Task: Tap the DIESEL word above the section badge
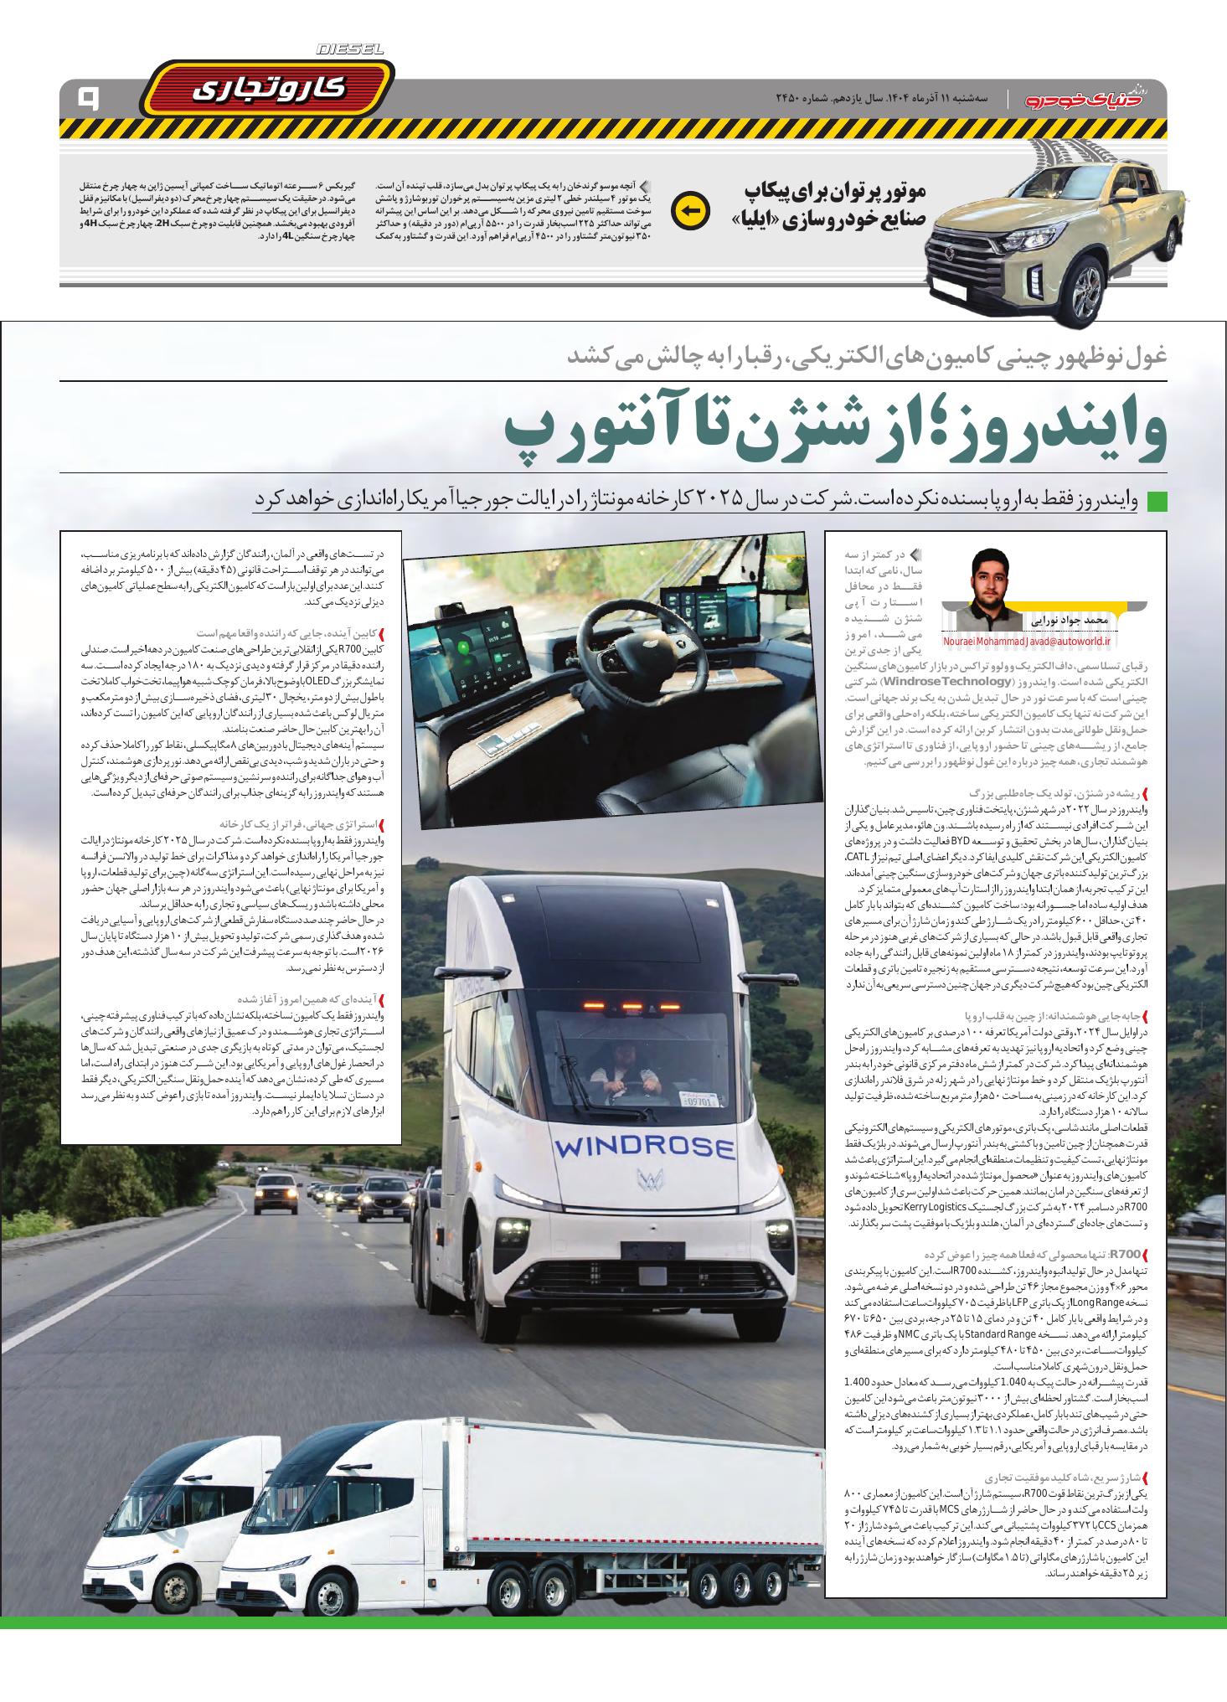tap(350, 50)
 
